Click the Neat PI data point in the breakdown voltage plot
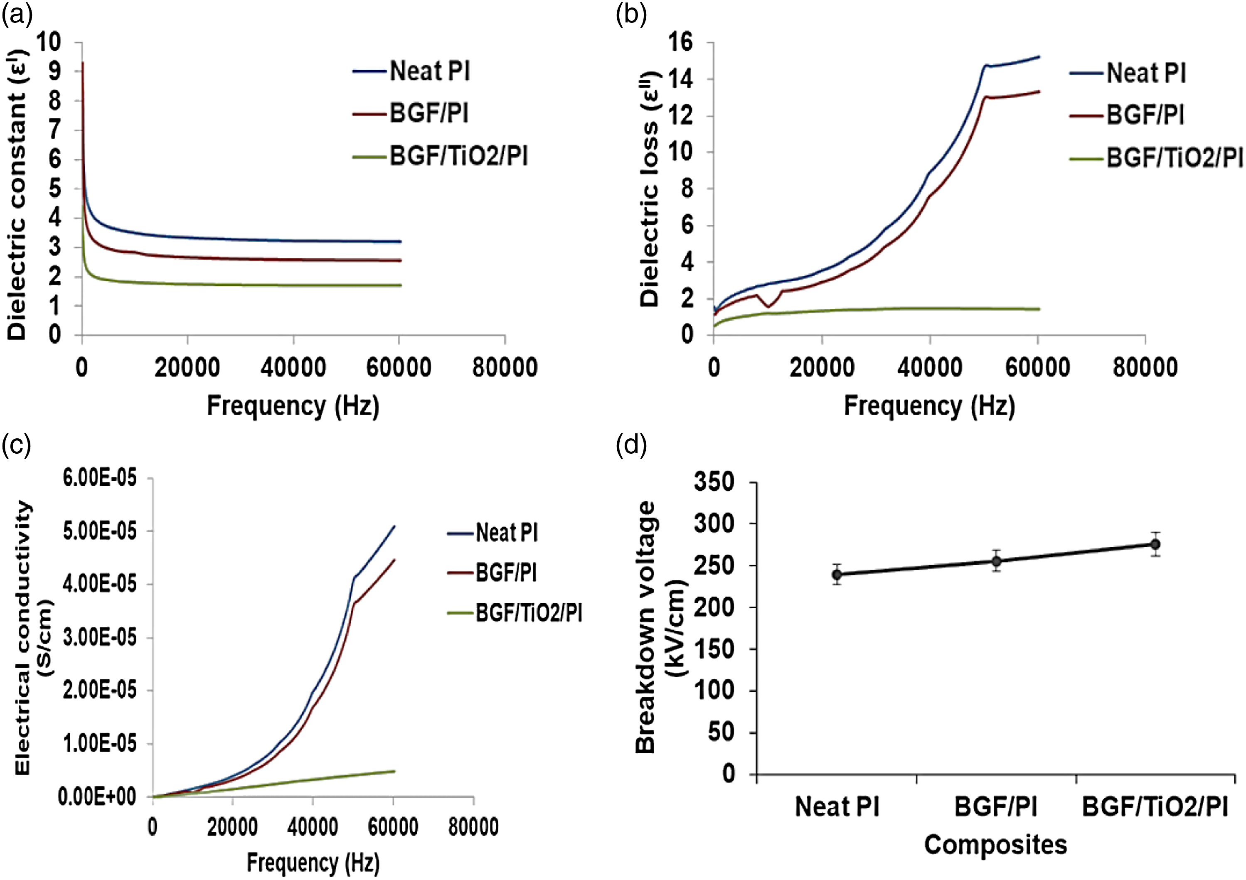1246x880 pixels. coord(837,575)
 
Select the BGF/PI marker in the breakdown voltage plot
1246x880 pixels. coord(996,560)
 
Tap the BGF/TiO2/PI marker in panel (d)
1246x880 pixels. coord(1155,544)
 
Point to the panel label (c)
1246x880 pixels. coord(16,445)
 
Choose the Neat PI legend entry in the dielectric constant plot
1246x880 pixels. coord(411,71)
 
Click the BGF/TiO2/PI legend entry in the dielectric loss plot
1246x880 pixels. coord(1156,158)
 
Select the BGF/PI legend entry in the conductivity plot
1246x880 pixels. coord(492,573)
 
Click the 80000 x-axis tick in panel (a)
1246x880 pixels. coord(505,367)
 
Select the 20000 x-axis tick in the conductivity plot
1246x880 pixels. coord(233,827)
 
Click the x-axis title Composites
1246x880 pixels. coord(996,845)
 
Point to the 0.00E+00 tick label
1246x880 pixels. coord(97,797)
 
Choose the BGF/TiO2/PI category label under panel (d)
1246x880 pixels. coord(1155,807)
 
